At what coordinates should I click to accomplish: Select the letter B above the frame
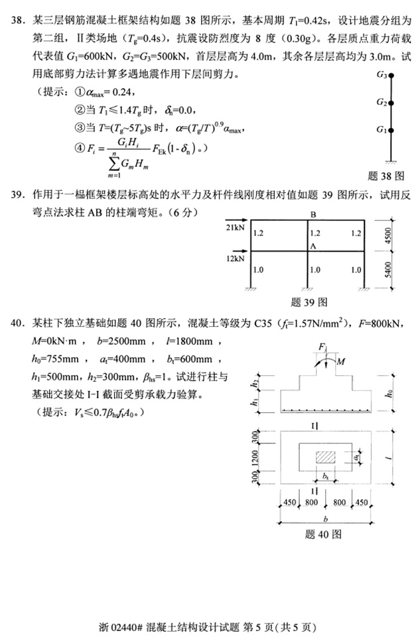312,214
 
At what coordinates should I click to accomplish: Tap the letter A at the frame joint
313,245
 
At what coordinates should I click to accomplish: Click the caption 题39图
309,302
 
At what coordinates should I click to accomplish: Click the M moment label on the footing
340,362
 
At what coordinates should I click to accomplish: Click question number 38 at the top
19,24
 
